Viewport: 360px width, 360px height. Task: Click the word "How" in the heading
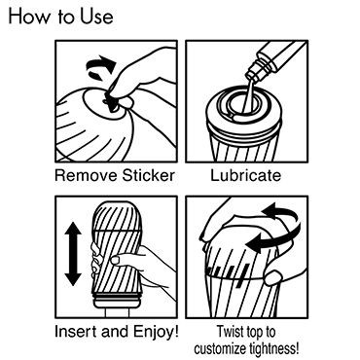tap(28, 16)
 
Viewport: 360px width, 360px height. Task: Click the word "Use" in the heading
tap(97, 17)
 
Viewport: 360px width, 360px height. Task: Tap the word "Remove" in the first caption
tap(86, 175)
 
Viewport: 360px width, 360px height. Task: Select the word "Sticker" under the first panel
tap(149, 175)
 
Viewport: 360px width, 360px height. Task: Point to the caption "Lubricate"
tap(246, 175)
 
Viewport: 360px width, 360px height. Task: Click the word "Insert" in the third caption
tap(76, 332)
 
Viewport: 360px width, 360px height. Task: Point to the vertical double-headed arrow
tap(73, 254)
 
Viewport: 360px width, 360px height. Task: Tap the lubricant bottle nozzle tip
tap(251, 78)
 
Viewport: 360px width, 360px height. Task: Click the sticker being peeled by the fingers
tap(110, 102)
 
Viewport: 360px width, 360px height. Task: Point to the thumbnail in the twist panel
tap(273, 278)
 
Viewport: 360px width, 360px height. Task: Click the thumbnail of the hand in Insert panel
tap(116, 260)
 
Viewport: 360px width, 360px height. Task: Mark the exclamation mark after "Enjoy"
tap(176, 332)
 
